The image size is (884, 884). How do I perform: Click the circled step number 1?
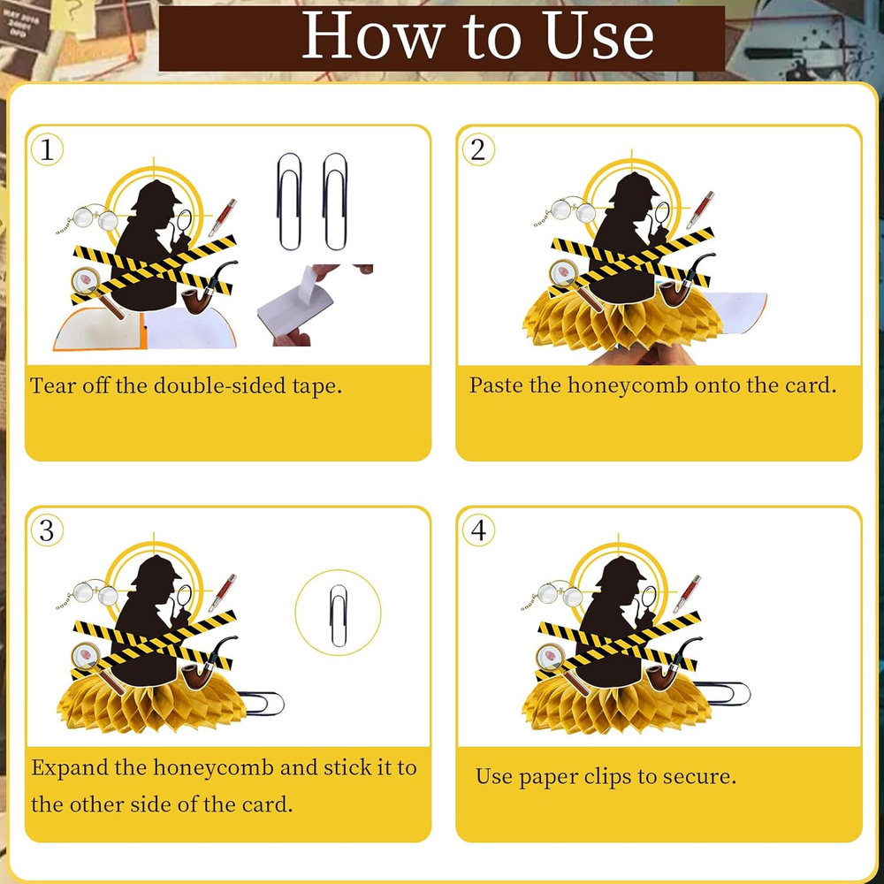(x=47, y=150)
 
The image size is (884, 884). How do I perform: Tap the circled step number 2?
(x=478, y=150)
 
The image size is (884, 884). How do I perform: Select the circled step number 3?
(x=47, y=530)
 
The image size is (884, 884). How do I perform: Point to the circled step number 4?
(x=478, y=530)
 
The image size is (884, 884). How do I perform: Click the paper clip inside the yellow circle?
(x=339, y=615)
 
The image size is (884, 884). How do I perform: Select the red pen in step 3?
(x=222, y=592)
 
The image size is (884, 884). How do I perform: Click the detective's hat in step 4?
(x=621, y=572)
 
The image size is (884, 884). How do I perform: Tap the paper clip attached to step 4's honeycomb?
(x=721, y=693)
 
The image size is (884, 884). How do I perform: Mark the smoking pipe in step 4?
(x=673, y=666)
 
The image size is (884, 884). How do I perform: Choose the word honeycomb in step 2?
(x=628, y=386)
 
